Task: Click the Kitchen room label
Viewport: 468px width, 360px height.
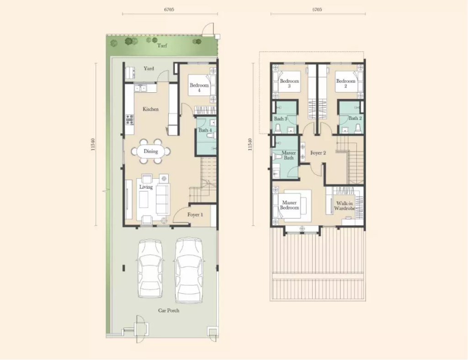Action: point(150,109)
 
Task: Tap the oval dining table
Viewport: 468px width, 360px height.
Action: point(151,151)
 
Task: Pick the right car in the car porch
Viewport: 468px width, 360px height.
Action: point(189,270)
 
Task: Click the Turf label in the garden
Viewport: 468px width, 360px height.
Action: point(162,46)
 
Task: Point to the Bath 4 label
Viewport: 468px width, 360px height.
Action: point(205,130)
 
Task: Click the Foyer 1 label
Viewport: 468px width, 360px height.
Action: point(195,214)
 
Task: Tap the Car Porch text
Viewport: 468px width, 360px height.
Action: point(169,311)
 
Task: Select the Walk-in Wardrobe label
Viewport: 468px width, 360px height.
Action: point(345,206)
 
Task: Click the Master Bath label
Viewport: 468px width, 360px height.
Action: point(289,155)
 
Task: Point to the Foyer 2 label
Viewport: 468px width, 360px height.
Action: point(318,153)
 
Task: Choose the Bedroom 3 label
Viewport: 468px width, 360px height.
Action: point(289,83)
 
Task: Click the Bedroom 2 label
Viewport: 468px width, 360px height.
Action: point(346,83)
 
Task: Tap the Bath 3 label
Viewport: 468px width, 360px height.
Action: point(281,119)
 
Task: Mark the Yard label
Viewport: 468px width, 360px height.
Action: point(149,69)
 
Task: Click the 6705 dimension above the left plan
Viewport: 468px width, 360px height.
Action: point(169,9)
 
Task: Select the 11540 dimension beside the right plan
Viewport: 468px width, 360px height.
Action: point(250,144)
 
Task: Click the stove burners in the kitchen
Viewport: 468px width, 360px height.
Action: point(129,119)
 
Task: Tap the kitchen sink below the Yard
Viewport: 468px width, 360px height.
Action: point(140,88)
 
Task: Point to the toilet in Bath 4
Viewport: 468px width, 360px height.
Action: point(210,136)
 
